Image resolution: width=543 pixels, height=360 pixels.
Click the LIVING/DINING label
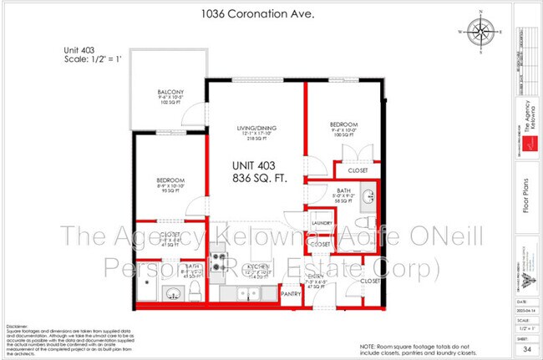point(256,128)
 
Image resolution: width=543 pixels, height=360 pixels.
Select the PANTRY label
point(290,294)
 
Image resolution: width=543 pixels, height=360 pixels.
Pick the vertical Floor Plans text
point(525,203)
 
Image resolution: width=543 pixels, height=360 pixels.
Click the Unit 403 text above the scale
point(81,50)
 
